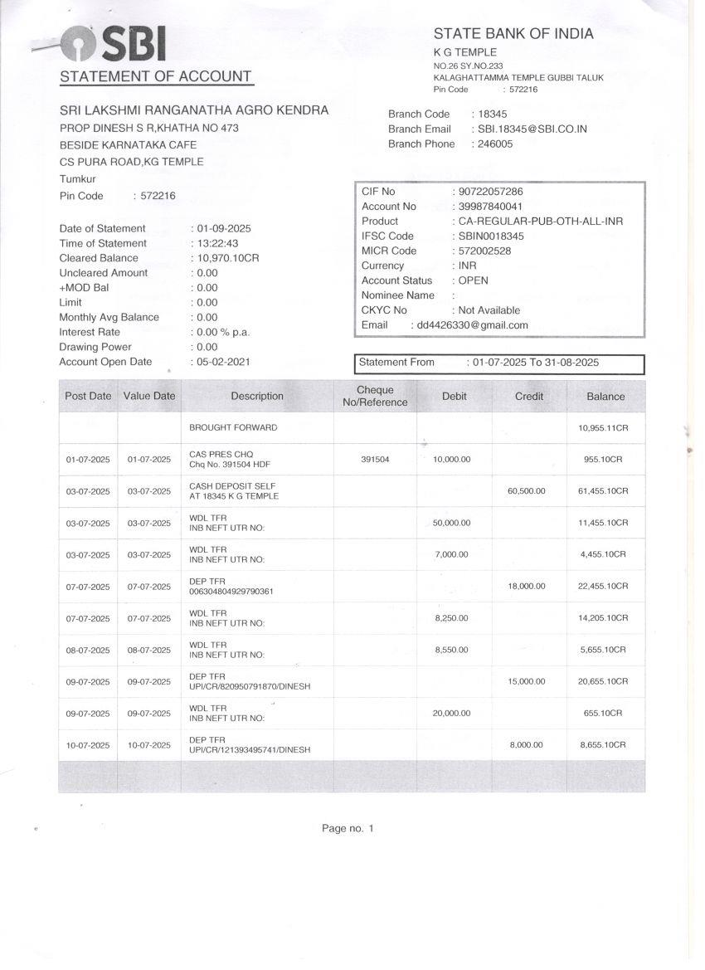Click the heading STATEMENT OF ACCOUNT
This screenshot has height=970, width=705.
(x=155, y=77)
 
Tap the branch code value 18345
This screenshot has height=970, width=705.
(x=493, y=115)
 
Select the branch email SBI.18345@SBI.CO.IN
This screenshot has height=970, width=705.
(x=532, y=129)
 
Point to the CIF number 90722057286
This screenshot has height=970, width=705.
(x=490, y=192)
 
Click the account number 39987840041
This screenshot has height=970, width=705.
(x=490, y=207)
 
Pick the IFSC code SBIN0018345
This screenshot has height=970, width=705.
(x=491, y=236)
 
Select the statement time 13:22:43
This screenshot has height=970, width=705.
(x=217, y=243)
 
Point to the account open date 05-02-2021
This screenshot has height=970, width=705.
(x=223, y=362)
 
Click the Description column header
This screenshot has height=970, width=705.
(x=257, y=397)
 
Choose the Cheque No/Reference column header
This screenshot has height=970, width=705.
(x=375, y=397)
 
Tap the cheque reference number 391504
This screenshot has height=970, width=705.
(x=375, y=459)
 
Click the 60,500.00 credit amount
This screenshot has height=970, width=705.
(x=526, y=491)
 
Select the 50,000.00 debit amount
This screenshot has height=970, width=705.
(x=451, y=523)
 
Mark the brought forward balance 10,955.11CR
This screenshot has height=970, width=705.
(x=603, y=428)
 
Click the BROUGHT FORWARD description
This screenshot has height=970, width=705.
(x=233, y=428)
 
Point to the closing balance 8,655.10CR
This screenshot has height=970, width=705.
(x=603, y=745)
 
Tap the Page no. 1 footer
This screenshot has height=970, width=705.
(x=348, y=828)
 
